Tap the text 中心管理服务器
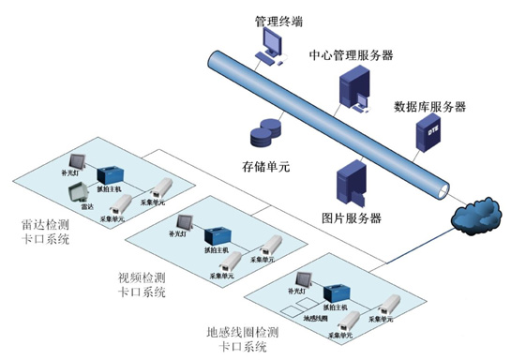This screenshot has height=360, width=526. (351, 55)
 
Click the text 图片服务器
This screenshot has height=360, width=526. (351, 218)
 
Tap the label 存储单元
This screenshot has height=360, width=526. (266, 166)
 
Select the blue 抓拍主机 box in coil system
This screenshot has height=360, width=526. (335, 290)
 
